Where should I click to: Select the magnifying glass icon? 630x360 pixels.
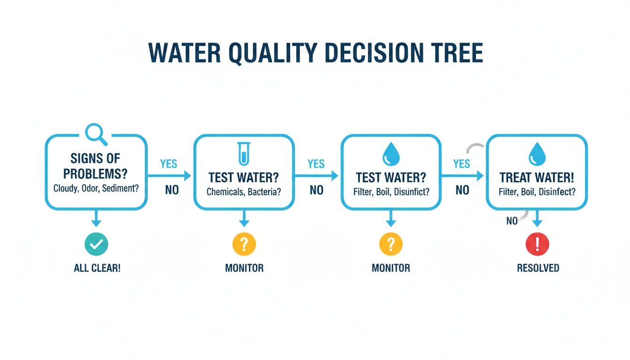click(96, 133)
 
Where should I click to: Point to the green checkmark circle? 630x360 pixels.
click(97, 244)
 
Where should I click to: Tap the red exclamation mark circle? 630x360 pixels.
click(537, 244)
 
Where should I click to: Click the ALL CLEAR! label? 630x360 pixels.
click(97, 269)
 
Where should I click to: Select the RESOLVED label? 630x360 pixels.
click(538, 268)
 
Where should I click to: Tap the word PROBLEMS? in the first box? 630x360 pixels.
click(96, 173)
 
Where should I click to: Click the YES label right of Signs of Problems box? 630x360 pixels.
click(168, 164)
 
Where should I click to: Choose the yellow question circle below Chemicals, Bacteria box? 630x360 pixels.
click(244, 244)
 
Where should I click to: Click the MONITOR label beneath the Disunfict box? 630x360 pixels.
click(390, 268)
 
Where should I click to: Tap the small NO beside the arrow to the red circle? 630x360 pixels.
click(512, 220)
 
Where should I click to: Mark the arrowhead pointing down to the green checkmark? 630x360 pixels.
click(96, 224)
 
